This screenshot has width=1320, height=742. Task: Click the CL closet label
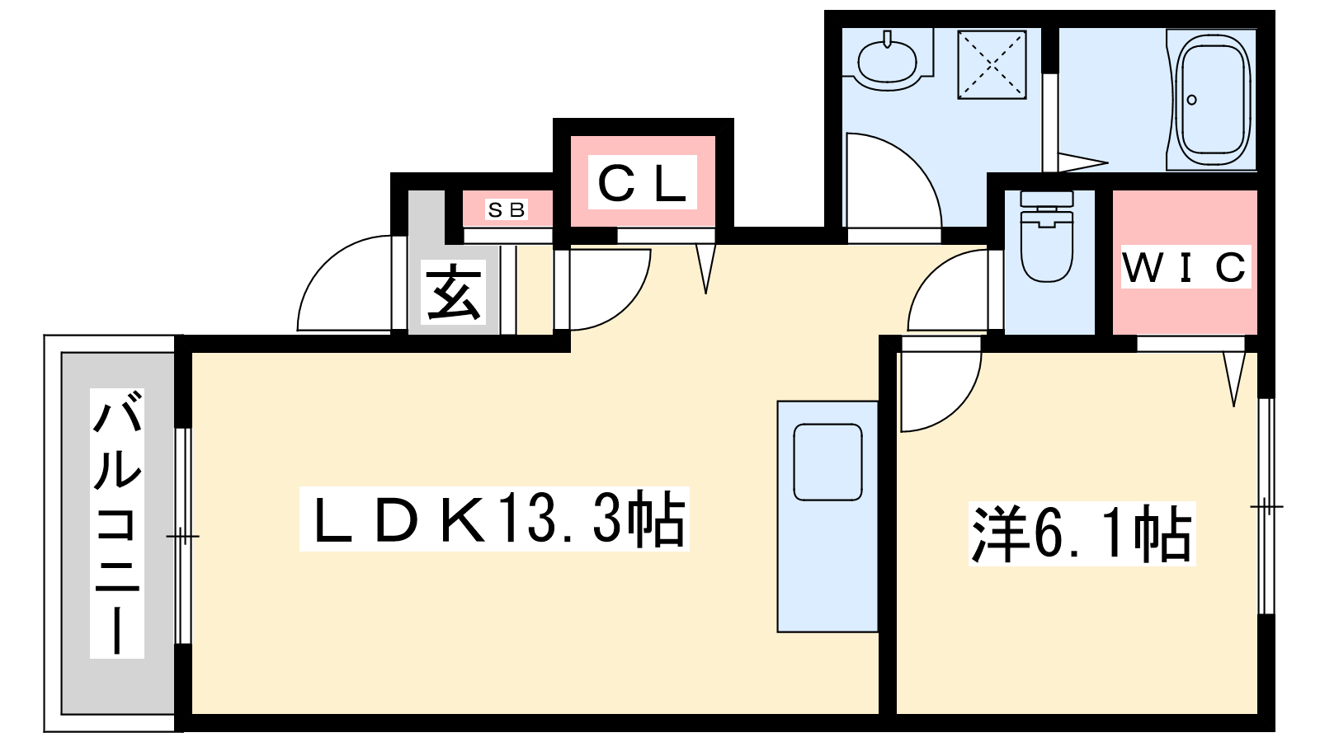[x=642, y=184]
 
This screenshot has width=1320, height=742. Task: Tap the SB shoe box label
[x=507, y=210]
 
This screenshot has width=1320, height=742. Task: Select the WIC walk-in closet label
[x=1185, y=267]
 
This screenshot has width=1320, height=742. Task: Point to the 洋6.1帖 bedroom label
[x=1082, y=534]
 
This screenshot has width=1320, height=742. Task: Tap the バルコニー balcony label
[x=117, y=524]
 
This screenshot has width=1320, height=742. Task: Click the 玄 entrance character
[x=453, y=293]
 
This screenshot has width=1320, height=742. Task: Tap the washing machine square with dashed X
[x=992, y=64]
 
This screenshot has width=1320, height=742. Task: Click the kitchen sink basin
[x=827, y=462]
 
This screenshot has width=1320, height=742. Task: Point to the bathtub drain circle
[x=1191, y=101]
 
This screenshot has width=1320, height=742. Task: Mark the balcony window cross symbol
[x=182, y=538]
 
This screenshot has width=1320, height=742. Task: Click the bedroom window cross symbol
[x=1266, y=506]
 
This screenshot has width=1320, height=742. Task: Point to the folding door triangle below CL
[x=706, y=265]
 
